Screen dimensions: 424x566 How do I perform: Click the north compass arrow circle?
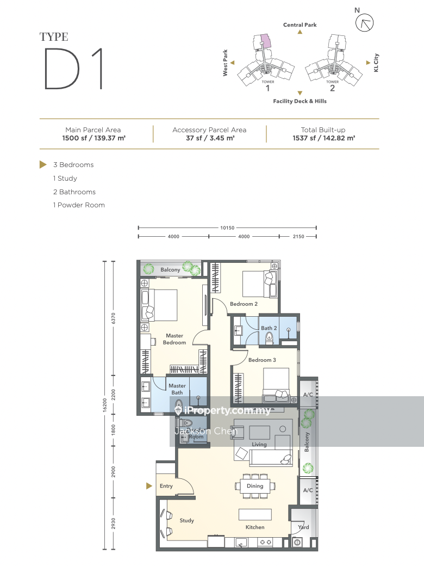point(365,23)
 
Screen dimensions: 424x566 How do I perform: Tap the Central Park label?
point(300,25)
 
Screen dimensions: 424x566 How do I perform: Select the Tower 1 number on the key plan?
point(267,88)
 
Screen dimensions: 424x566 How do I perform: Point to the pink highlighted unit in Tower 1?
point(265,41)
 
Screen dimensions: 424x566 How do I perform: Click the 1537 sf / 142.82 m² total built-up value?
point(324,138)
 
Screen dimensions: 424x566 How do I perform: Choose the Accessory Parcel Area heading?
point(209,130)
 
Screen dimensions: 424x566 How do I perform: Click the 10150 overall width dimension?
point(227,228)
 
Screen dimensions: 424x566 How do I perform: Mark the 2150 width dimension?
point(298,236)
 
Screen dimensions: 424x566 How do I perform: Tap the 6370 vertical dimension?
point(113,318)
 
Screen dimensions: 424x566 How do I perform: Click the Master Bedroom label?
point(174,339)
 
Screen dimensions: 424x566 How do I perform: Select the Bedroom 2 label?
point(244,304)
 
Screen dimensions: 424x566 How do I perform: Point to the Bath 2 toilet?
point(269,339)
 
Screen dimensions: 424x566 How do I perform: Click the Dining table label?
point(255,486)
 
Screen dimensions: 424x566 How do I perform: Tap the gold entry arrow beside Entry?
point(149,486)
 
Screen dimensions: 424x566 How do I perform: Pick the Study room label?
point(187,520)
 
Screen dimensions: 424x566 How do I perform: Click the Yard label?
point(303,527)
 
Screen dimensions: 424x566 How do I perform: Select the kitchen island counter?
point(255,514)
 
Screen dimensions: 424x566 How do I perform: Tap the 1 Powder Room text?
point(79,205)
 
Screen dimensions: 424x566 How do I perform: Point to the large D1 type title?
point(74,69)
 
